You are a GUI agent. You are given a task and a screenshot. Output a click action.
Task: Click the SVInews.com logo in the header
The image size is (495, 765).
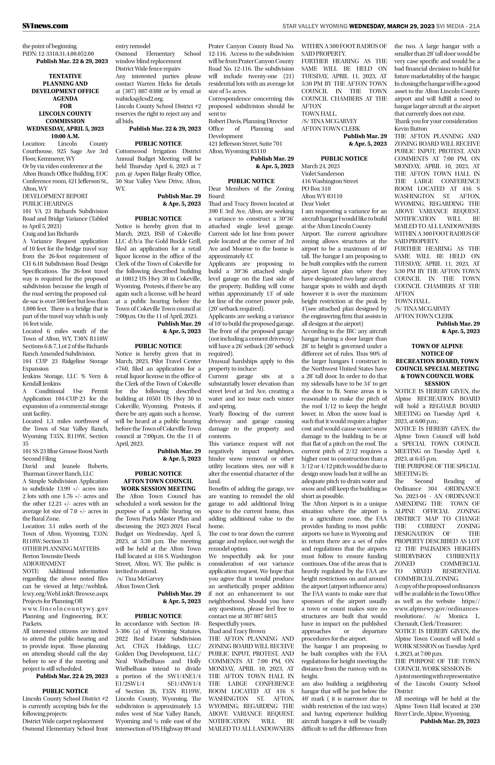point(45,26)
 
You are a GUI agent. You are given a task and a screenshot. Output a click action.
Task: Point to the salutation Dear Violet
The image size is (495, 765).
point(316,203)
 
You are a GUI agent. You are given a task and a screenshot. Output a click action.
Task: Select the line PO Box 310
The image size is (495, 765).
point(316,189)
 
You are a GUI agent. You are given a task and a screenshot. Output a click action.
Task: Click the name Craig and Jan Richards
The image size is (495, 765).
point(50,234)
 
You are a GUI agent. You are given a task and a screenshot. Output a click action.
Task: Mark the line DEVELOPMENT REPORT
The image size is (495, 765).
point(55,196)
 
